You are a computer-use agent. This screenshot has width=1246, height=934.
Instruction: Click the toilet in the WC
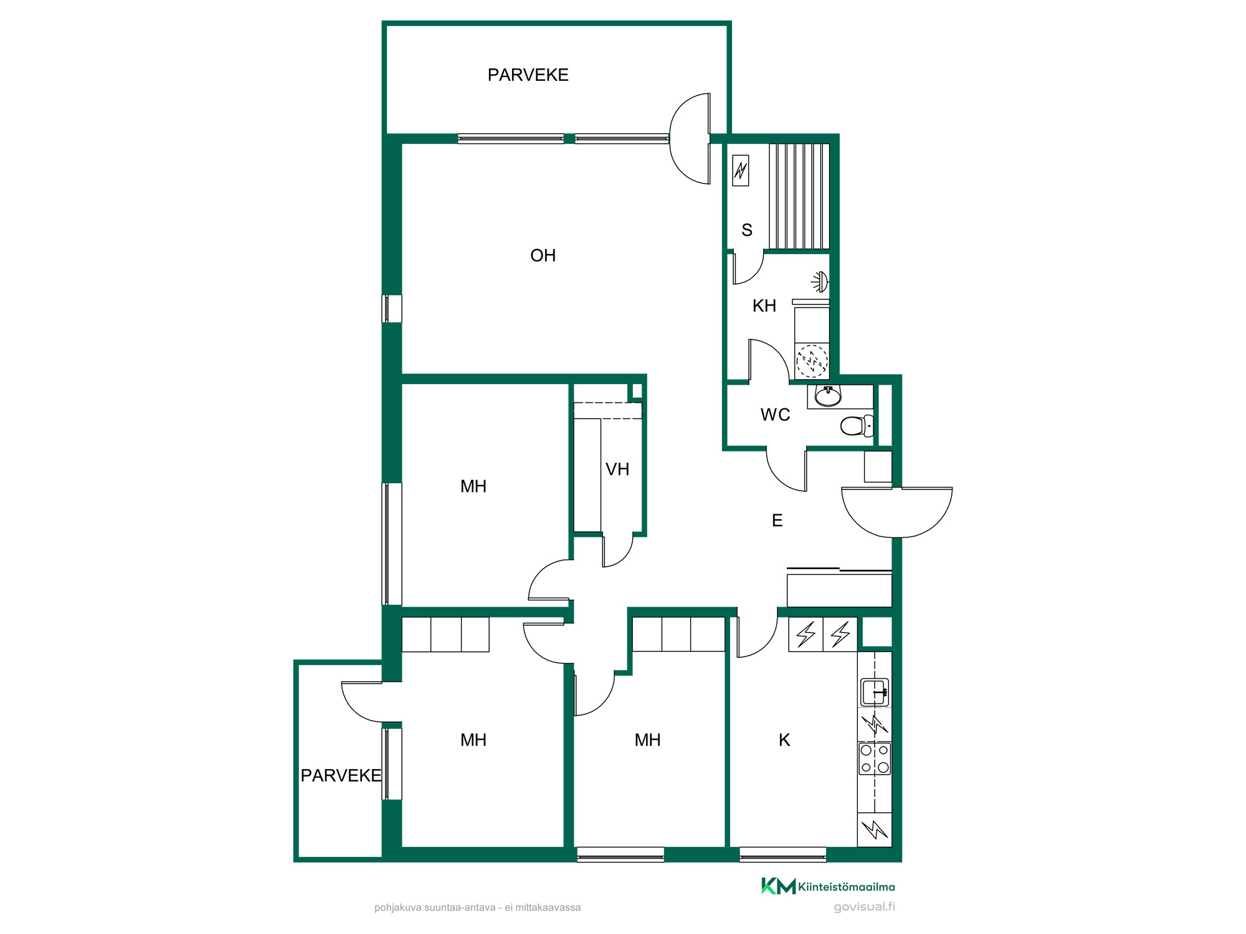coord(857,426)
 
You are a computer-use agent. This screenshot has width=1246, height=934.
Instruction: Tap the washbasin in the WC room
coord(828,396)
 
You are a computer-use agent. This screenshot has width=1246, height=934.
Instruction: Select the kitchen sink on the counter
coord(875,692)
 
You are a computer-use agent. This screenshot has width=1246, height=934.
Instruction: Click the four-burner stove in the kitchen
coord(875,758)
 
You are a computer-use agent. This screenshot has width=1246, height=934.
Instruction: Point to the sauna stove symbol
coord(740,170)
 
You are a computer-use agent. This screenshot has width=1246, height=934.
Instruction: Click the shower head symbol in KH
coord(820,282)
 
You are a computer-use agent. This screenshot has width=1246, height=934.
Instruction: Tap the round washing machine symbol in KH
coord(812,361)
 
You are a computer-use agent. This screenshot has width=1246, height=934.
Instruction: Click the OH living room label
coord(543,255)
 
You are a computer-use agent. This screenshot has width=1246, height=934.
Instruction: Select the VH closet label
coord(617,469)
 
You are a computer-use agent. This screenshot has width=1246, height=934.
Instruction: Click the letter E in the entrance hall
coord(777,521)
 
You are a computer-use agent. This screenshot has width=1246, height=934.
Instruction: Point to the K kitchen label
coord(784,740)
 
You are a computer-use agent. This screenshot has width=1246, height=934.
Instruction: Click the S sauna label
coord(747,230)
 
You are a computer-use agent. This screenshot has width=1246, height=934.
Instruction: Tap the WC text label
coord(775,415)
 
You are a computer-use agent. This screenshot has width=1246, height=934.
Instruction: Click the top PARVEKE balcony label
coord(528,75)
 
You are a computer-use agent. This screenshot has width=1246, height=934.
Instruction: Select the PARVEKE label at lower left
coord(341,775)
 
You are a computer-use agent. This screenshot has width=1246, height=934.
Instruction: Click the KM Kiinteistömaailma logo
coord(828,886)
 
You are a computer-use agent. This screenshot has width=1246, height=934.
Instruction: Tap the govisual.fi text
coord(865,907)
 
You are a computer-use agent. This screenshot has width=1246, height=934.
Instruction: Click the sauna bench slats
coord(799,197)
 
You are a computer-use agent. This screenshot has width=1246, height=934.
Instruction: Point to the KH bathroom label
coord(764,306)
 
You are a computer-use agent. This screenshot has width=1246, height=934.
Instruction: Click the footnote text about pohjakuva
coord(477,908)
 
